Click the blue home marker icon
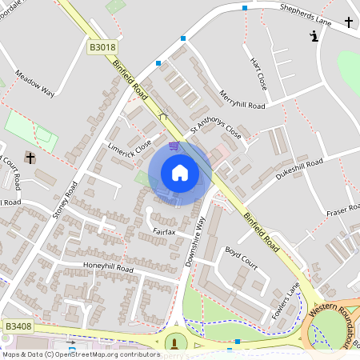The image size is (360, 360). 179,173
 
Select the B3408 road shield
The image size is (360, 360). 18,326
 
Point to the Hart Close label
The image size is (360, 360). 257,72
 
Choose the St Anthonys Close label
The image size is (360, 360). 215,128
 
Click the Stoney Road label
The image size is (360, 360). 65,201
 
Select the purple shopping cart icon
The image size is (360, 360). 174,146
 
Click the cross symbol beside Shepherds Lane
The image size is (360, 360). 349,22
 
